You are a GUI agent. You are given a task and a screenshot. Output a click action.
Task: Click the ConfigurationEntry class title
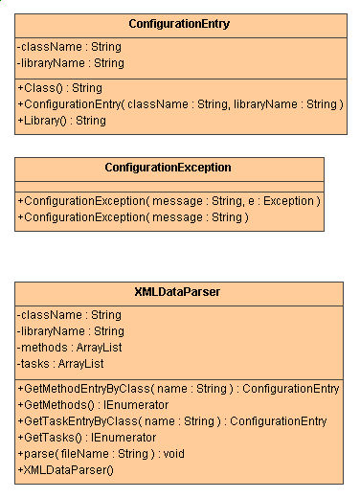(x=179, y=23)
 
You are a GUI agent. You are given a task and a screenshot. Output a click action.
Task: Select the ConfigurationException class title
(x=169, y=168)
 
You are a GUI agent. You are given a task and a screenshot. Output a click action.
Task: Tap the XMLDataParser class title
(x=179, y=292)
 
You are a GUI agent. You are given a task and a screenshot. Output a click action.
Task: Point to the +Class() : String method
(x=59, y=87)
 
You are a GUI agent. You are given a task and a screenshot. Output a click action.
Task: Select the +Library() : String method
(x=61, y=121)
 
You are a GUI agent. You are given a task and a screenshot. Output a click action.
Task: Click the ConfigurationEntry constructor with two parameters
(x=180, y=103)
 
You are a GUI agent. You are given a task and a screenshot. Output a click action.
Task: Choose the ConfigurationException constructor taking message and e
(x=169, y=200)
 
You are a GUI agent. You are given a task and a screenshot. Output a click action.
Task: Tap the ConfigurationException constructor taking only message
(x=133, y=217)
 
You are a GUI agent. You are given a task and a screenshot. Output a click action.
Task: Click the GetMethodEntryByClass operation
(x=178, y=388)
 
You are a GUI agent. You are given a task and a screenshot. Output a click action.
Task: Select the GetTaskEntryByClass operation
(x=172, y=420)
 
